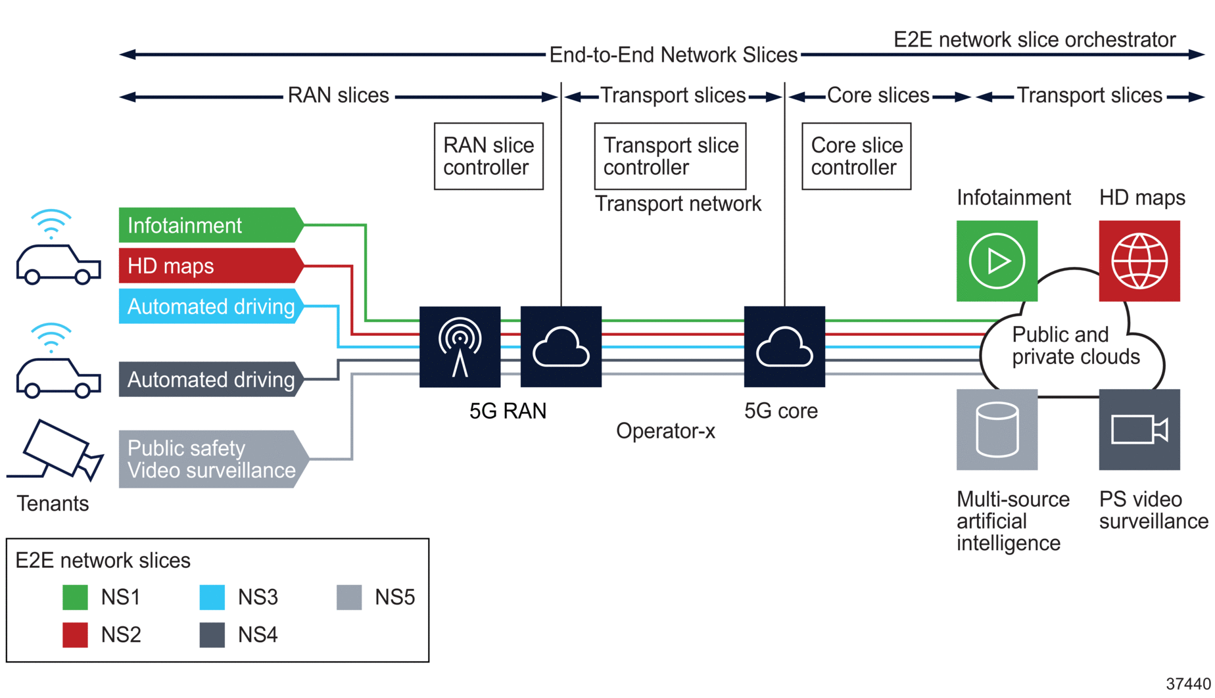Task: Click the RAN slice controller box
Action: point(488,156)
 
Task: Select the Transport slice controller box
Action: point(670,156)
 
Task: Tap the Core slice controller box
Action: point(856,156)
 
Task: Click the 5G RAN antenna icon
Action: point(460,346)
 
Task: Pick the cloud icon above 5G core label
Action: point(784,346)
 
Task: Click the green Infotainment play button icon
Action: point(997,261)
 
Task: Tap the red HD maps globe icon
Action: point(1139,261)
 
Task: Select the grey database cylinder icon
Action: point(997,430)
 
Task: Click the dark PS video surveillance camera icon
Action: point(1139,430)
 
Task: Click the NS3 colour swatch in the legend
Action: point(212,597)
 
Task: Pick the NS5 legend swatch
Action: point(349,597)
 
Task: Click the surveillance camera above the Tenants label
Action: point(58,450)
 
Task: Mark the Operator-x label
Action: point(665,431)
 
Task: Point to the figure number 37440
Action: point(1188,684)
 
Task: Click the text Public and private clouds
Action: point(1075,346)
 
